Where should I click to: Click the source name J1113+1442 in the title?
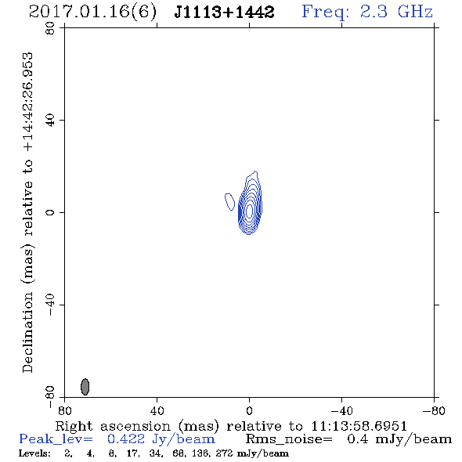(224, 12)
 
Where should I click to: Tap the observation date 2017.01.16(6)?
(92, 12)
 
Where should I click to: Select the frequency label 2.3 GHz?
(396, 12)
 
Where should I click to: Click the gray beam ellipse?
(85, 387)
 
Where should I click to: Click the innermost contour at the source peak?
(249, 211)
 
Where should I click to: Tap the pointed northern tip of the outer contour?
(255, 171)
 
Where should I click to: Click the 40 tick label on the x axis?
(157, 410)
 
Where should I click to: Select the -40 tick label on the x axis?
(341, 410)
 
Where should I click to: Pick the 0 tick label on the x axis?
(249, 410)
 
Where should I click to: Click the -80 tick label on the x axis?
(434, 410)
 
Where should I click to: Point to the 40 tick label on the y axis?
(50, 121)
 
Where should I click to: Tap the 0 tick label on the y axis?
(50, 212)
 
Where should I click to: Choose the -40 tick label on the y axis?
(50, 305)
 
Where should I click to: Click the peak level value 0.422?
(126, 439)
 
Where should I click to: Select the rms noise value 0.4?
(358, 439)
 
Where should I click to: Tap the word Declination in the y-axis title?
(27, 332)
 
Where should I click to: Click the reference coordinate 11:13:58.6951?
(359, 426)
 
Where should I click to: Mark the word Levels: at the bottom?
(34, 453)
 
